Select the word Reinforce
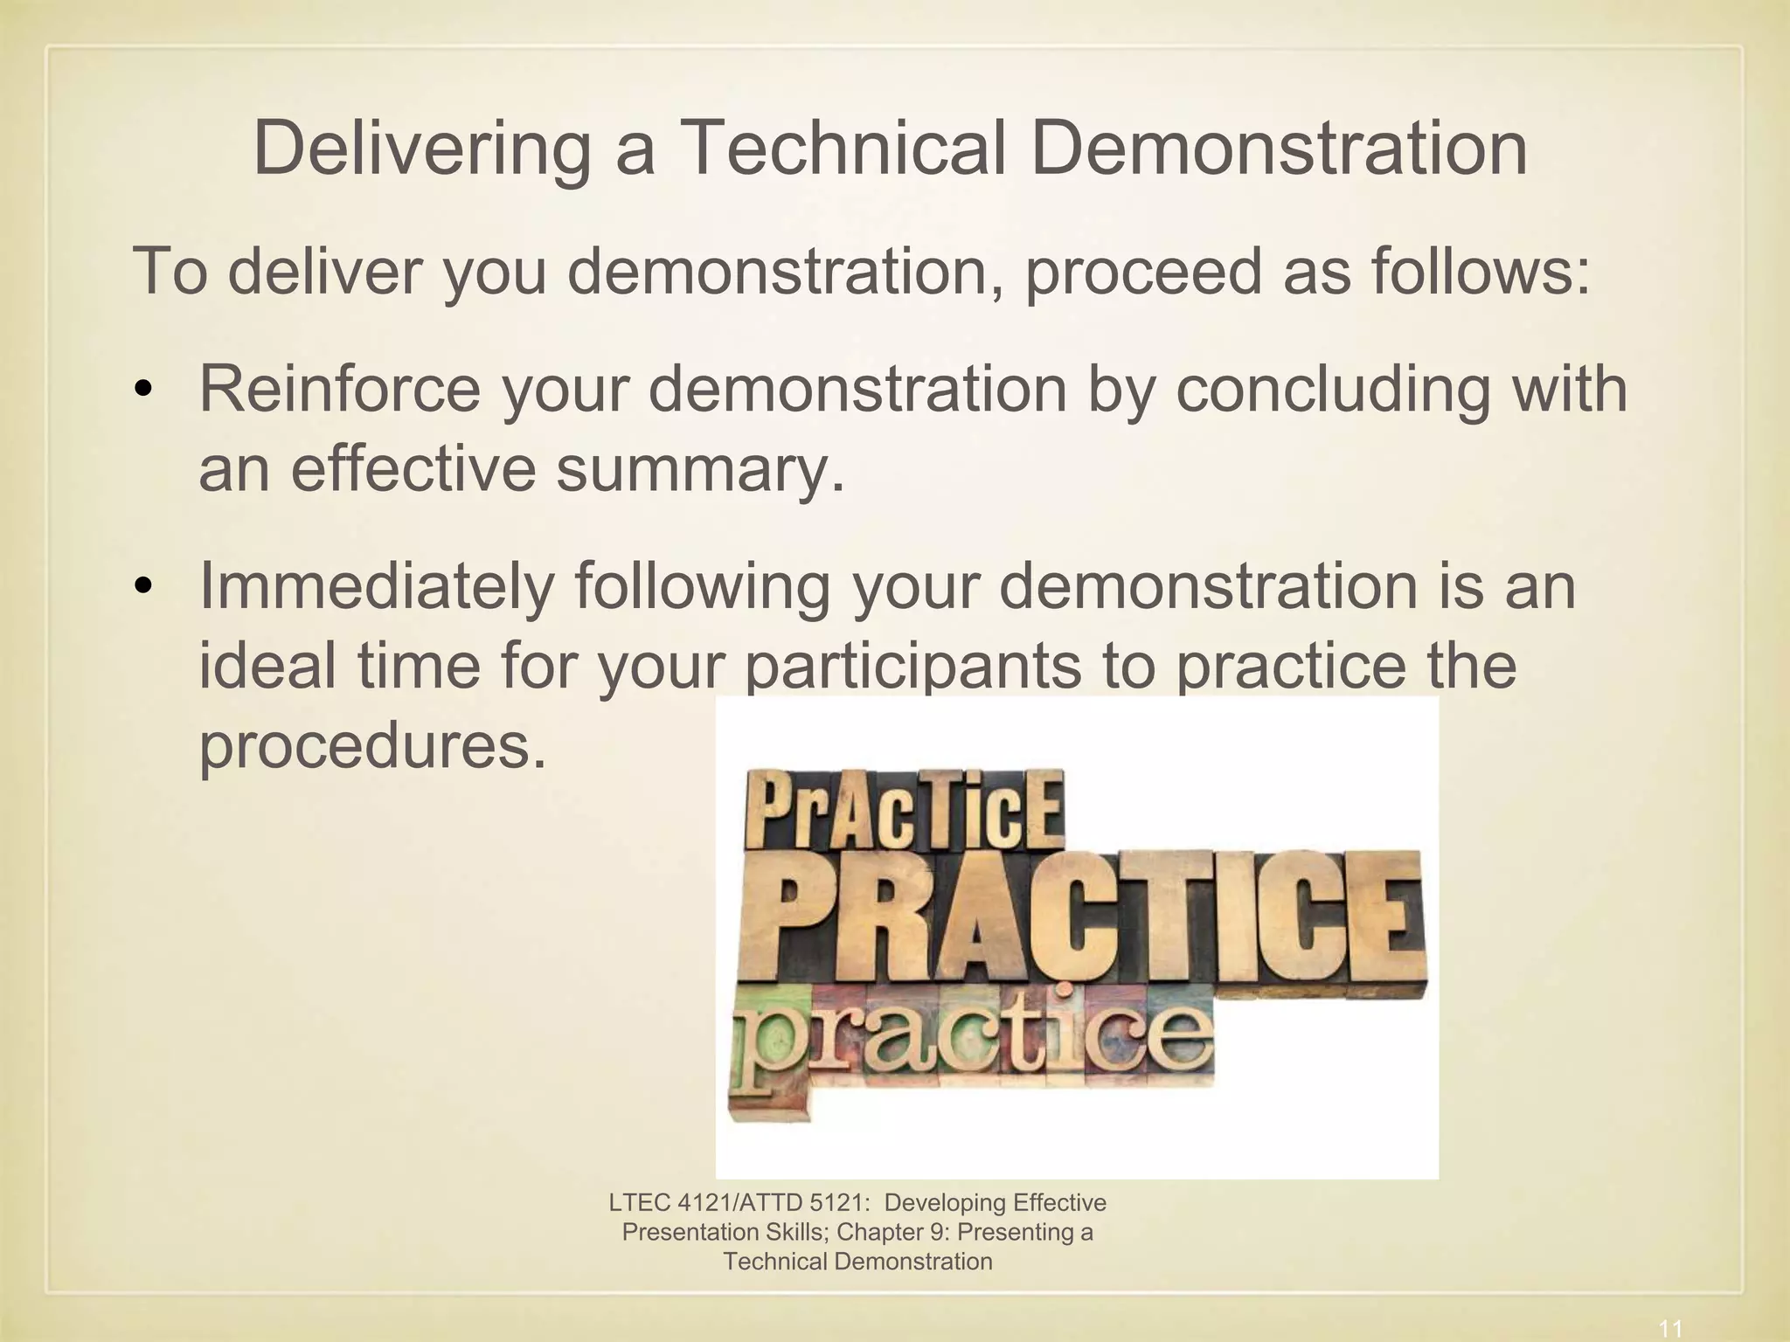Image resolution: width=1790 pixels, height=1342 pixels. [x=339, y=389]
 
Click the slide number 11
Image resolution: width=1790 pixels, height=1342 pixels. [x=1670, y=1329]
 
